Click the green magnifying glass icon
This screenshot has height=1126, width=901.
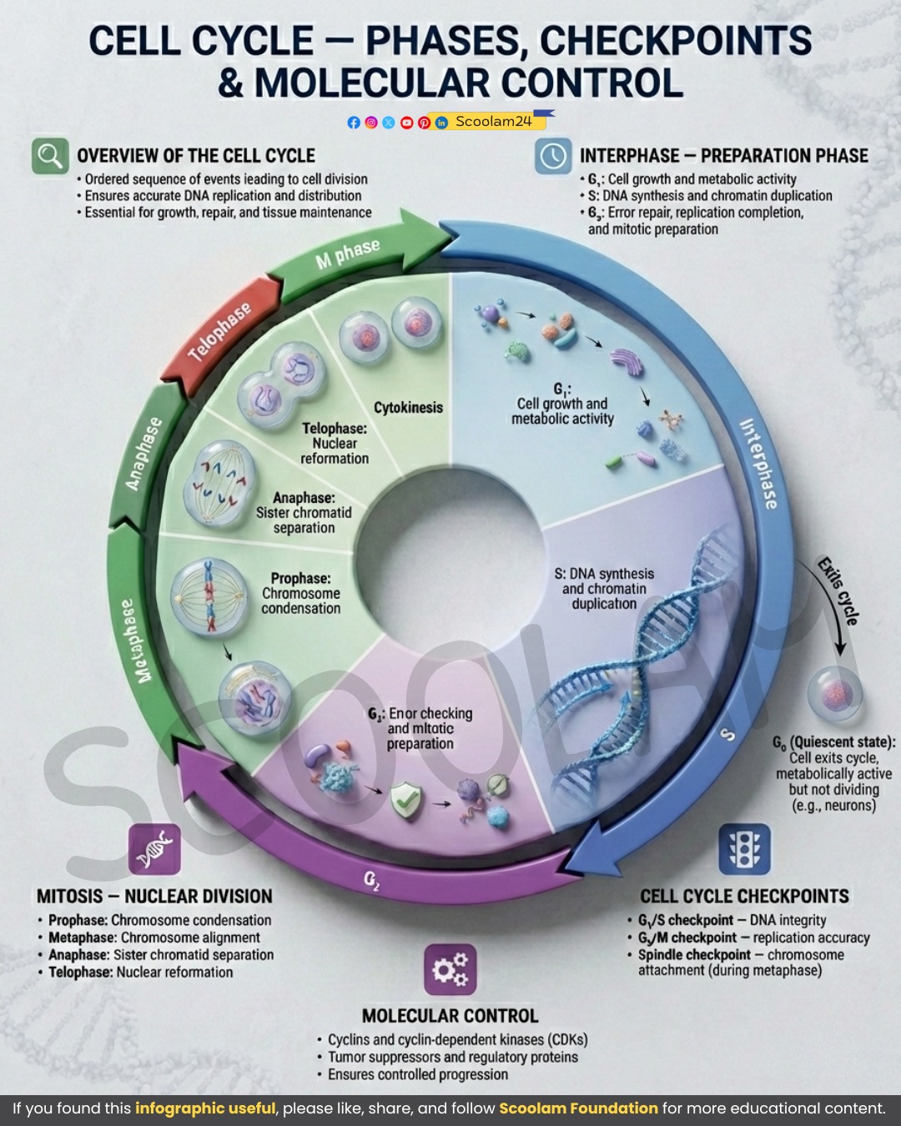50,156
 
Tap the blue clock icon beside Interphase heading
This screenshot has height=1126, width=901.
553,156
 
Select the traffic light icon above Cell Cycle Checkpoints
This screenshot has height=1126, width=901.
744,849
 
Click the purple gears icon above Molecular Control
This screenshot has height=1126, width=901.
450,969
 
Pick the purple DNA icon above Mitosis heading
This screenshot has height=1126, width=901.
154,849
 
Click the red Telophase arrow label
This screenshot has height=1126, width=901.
220,332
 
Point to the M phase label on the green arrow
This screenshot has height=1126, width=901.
348,254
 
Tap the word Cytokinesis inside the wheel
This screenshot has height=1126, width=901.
408,408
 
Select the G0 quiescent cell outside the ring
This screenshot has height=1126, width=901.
835,694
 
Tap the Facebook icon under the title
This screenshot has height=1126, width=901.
354,123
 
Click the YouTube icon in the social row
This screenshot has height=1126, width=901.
407,123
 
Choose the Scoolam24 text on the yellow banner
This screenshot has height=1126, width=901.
493,122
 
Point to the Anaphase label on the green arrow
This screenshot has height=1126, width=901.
143,454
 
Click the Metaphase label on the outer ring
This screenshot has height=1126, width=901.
134,641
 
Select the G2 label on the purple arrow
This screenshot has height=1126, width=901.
371,880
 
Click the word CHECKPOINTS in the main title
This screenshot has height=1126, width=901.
676,40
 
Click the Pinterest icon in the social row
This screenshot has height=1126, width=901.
424,123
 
